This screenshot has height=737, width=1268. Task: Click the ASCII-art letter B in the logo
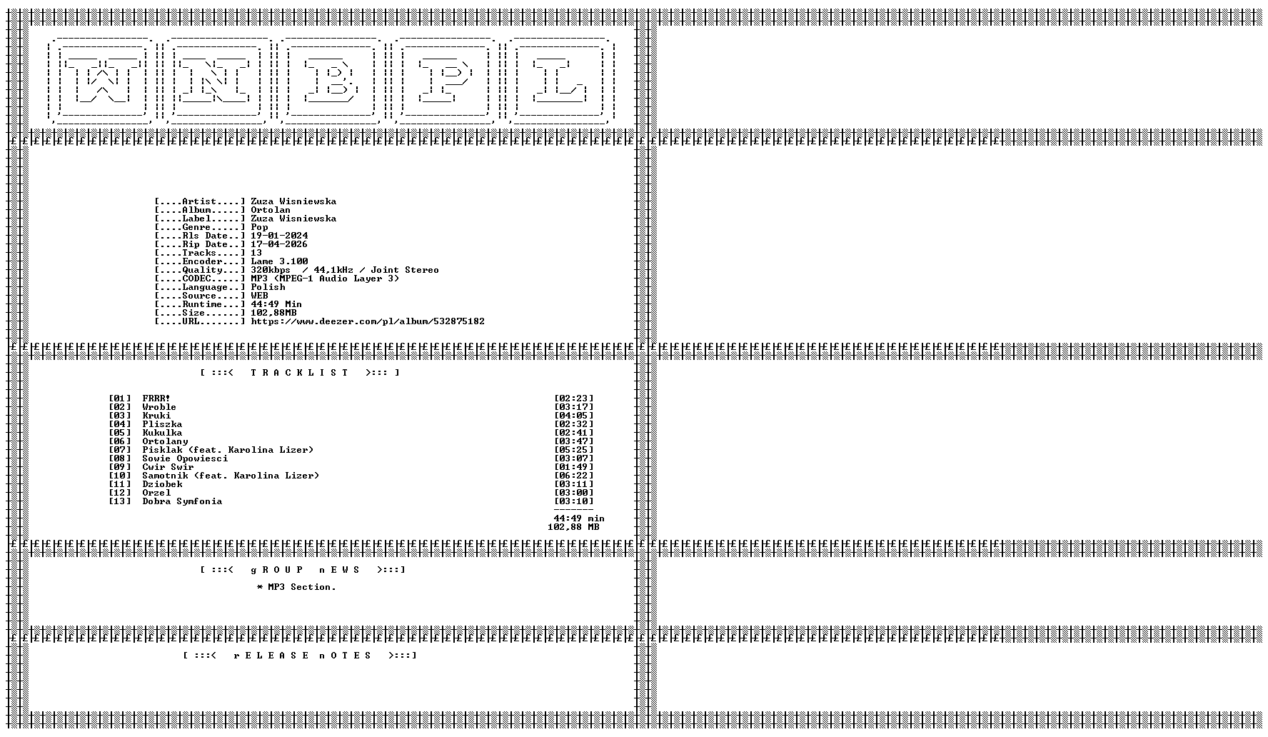330,81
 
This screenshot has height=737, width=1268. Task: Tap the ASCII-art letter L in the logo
560,81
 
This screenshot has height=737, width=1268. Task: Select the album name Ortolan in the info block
271,210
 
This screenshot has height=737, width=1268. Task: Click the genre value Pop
259,227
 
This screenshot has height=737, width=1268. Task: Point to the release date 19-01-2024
279,236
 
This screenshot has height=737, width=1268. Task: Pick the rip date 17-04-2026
279,244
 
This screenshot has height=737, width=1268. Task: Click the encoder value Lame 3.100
279,261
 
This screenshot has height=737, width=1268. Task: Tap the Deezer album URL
368,321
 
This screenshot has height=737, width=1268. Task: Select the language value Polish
268,287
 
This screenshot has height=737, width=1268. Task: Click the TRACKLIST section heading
300,373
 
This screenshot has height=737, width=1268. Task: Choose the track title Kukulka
162,433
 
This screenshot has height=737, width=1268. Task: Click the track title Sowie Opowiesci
185,458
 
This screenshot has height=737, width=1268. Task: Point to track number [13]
120,501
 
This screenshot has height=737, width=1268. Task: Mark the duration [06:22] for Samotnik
573,476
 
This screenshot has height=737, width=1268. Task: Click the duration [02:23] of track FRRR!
573,398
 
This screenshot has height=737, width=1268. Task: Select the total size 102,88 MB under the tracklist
573,527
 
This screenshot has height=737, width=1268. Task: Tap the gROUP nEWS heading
303,570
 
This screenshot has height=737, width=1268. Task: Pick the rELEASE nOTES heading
300,656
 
